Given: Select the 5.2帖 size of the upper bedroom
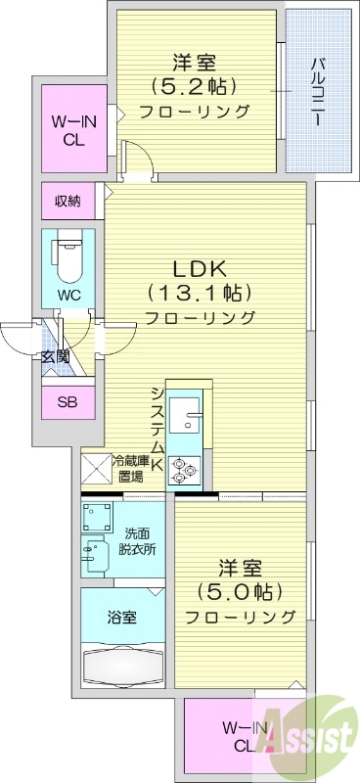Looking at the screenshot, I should pyautogui.click(x=194, y=85).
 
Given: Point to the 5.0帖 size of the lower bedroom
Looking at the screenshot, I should pyautogui.click(x=240, y=591).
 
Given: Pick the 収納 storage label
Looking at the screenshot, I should pyautogui.click(x=67, y=202).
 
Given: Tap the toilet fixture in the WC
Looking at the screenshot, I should pyautogui.click(x=68, y=256).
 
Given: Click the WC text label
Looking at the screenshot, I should pyautogui.click(x=67, y=295).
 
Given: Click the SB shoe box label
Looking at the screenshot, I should pyautogui.click(x=67, y=402).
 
